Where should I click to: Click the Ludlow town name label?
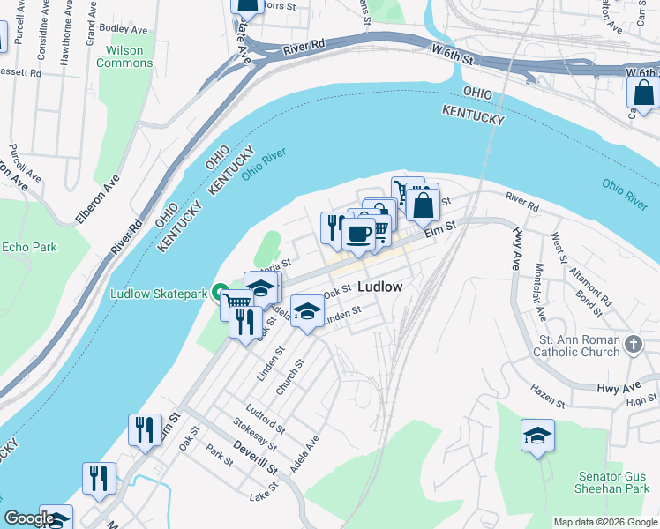pyautogui.click(x=380, y=287)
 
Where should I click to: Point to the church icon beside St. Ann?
pyautogui.click(x=633, y=344)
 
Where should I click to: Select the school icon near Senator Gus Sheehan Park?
pyautogui.click(x=537, y=435)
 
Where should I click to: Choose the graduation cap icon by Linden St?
pyautogui.click(x=306, y=311)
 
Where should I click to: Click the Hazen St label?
pyautogui.click(x=546, y=389)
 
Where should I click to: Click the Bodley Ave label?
pyautogui.click(x=116, y=29)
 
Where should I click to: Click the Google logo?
pyautogui.click(x=29, y=518)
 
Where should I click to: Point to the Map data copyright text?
pyautogui.click(x=604, y=522)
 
